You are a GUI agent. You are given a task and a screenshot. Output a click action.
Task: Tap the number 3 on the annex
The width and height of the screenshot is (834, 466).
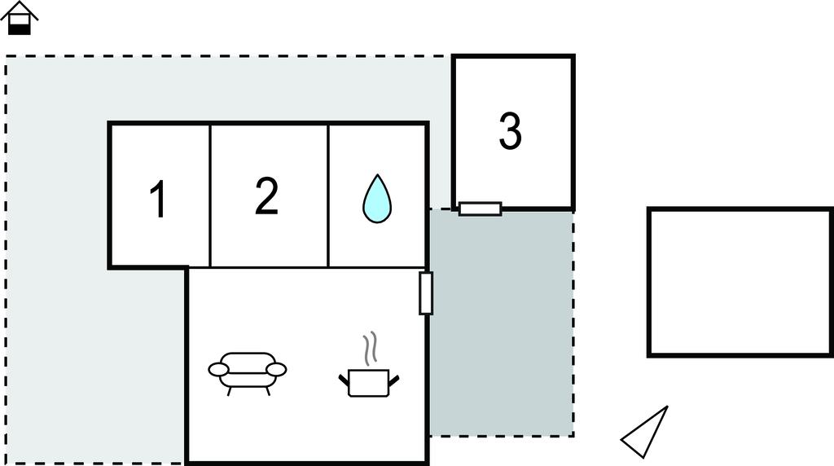pyautogui.click(x=510, y=131)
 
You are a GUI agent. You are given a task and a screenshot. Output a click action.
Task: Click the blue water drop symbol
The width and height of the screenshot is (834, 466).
pyautogui.click(x=377, y=199)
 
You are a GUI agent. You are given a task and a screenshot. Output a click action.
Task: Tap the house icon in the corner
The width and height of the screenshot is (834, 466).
pyautogui.click(x=20, y=18)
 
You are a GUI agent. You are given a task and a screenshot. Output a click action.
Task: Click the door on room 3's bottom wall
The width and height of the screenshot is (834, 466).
pyautogui.click(x=481, y=209)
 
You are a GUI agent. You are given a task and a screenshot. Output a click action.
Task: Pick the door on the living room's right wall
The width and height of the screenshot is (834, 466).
pyautogui.click(x=426, y=293)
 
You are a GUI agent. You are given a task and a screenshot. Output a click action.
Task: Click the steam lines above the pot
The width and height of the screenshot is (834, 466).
pyautogui.click(x=370, y=349)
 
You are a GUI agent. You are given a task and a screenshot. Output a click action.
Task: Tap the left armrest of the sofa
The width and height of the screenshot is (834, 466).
pyautogui.click(x=218, y=369)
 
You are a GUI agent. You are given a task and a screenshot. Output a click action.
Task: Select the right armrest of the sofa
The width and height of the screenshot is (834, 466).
pyautogui.click(x=276, y=369)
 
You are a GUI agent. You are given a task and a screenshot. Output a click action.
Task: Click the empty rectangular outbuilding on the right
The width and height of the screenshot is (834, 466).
pyautogui.click(x=740, y=282)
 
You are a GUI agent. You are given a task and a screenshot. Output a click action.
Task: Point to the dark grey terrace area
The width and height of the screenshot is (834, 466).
pyautogui.click(x=502, y=323)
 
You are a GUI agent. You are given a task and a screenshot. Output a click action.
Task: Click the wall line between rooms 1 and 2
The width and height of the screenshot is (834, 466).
pyautogui.click(x=211, y=196)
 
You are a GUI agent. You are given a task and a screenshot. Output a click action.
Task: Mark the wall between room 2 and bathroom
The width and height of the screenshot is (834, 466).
pyautogui.click(x=329, y=196)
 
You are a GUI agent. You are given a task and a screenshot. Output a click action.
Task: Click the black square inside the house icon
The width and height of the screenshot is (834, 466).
pyautogui.click(x=20, y=29)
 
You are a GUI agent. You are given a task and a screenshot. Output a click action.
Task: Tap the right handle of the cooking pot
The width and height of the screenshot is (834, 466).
pyautogui.click(x=394, y=380)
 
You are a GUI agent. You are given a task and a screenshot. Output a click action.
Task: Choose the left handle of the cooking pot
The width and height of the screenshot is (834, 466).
pyautogui.click(x=344, y=380)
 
